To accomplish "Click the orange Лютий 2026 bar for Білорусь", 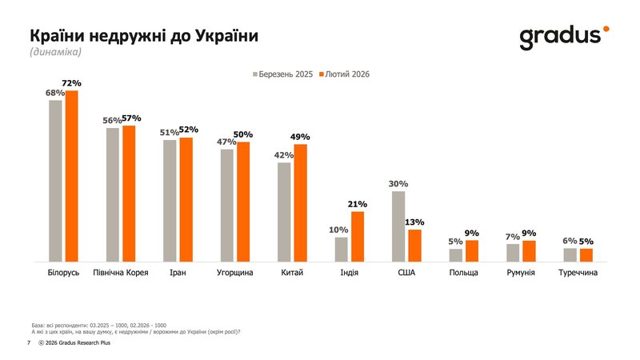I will tap(72, 176).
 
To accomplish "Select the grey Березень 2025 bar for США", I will tap(398, 226).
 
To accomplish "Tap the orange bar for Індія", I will tap(358, 237).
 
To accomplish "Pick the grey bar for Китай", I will tap(284, 212).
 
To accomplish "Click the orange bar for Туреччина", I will tap(586, 255).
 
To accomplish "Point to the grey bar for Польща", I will tap(455, 255).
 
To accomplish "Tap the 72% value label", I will tap(72, 83).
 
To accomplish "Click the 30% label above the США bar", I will tap(398, 183).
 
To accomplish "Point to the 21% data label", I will tap(358, 204).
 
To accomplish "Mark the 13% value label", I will tap(414, 222).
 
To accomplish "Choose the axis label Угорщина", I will tap(235, 273).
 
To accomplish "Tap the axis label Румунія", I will tap(521, 273).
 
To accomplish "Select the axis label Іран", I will tap(178, 273).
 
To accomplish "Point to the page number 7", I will tap(29, 342).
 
